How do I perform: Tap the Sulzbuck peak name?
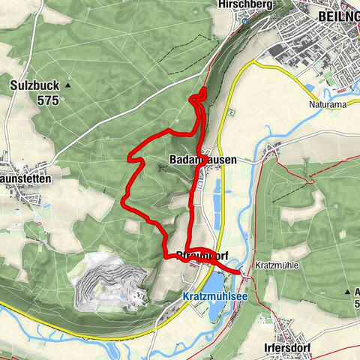(x=37, y=85)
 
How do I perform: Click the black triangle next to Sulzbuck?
(x=67, y=85)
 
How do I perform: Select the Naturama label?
(x=328, y=105)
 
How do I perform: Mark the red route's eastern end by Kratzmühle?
(x=239, y=274)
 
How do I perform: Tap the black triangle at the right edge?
(x=349, y=290)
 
